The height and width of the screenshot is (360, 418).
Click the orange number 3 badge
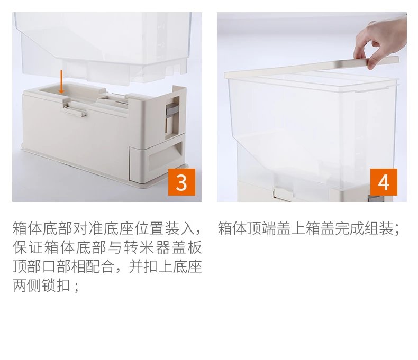[181, 182]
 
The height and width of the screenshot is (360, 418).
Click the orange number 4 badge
[384, 182]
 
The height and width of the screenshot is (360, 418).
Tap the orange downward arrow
[61, 82]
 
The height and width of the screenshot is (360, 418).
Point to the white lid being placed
[311, 68]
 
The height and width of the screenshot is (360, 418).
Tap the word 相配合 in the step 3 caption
[93, 266]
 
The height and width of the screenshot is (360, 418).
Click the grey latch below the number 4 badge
[375, 199]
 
